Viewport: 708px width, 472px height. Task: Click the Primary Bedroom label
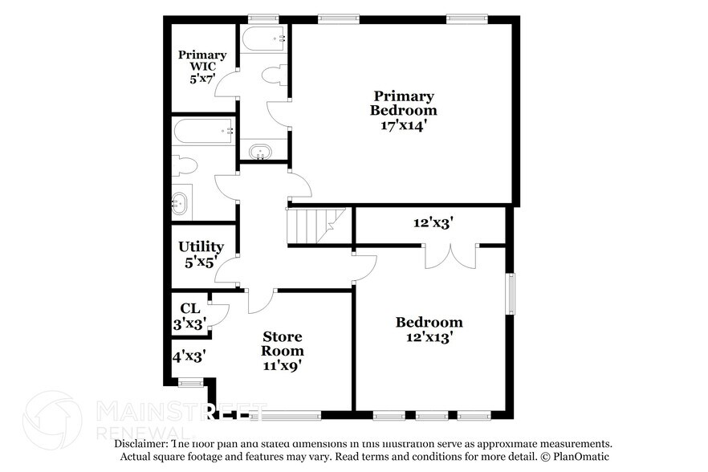pyautogui.click(x=403, y=103)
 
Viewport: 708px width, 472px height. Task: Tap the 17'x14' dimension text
pyautogui.click(x=404, y=125)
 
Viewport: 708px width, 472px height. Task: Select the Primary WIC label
pyautogui.click(x=202, y=60)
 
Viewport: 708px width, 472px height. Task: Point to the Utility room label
pyautogui.click(x=201, y=246)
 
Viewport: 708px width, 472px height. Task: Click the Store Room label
pyautogui.click(x=283, y=344)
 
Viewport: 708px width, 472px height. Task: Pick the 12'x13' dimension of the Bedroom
pyautogui.click(x=429, y=337)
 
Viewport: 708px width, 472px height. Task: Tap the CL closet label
pyautogui.click(x=190, y=308)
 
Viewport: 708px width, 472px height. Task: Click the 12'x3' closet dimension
pyautogui.click(x=433, y=222)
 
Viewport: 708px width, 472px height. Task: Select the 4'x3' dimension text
pyautogui.click(x=189, y=356)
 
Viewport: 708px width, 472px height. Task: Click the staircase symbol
pyautogui.click(x=316, y=226)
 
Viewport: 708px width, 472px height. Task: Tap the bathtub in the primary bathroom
pyautogui.click(x=264, y=38)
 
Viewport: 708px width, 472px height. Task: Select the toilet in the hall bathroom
pyautogui.click(x=185, y=166)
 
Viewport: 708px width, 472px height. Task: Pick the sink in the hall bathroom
pyautogui.click(x=180, y=203)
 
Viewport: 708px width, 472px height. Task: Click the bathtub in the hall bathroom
pyautogui.click(x=203, y=131)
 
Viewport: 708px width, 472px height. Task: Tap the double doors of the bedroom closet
pyautogui.click(x=450, y=257)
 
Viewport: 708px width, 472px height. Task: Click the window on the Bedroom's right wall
pyautogui.click(x=511, y=294)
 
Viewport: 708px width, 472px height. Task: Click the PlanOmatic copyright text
pyautogui.click(x=575, y=456)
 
